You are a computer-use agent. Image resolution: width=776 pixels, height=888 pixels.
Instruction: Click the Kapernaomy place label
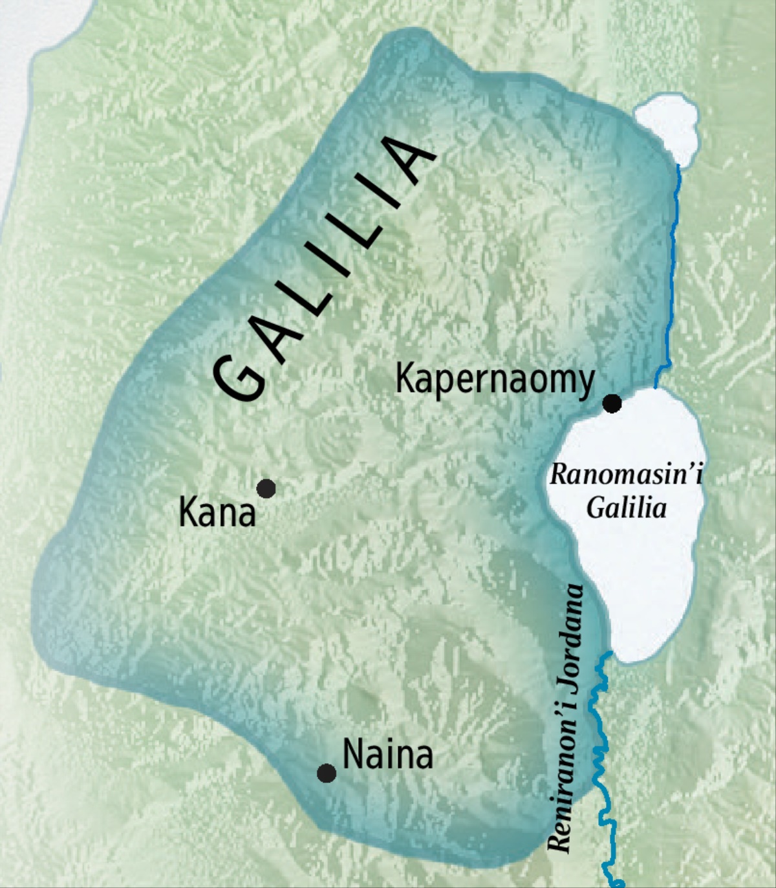(495, 380)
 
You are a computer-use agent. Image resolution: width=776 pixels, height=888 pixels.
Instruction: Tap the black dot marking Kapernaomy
(612, 404)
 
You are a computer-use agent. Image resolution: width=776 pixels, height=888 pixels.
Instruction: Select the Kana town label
(217, 514)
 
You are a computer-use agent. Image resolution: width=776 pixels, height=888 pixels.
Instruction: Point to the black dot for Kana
(266, 488)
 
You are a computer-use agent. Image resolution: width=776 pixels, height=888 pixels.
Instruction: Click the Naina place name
(387, 755)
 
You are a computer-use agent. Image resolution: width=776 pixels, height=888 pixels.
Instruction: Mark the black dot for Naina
(327, 773)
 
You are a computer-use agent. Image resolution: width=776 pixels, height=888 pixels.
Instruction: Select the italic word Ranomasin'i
(626, 475)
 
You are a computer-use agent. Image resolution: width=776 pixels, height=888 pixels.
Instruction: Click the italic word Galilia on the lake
(626, 508)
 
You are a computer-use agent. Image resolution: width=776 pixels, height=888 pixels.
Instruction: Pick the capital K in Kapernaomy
(405, 378)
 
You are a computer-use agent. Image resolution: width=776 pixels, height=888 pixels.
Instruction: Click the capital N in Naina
(353, 755)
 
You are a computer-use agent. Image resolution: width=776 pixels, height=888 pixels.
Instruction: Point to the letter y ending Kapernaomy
(585, 383)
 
